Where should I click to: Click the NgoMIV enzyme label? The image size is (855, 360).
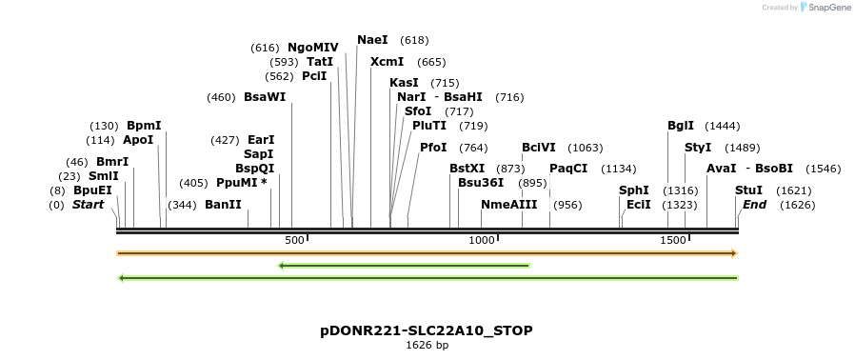pos(312,48)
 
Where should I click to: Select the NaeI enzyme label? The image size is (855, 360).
pos(372,40)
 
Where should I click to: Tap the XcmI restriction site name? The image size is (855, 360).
pos(387,62)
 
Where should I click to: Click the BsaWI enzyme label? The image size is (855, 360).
pos(265,97)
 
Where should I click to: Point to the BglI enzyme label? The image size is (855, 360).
pos(681,126)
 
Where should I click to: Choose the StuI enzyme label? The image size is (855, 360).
pos(748,190)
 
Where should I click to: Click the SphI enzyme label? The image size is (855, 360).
pos(633,190)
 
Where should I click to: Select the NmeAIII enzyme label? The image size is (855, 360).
pos(509,205)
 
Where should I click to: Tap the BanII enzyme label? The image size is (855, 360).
pos(223,205)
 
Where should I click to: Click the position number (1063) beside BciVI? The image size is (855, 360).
pos(585,148)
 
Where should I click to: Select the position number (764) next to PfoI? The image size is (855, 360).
pos(473,148)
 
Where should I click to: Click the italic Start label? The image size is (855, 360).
pos(88,205)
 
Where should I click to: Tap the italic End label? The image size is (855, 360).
pos(754,205)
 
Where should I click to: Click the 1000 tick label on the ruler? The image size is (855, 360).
pos(482,241)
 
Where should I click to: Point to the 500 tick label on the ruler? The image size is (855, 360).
pos(294,241)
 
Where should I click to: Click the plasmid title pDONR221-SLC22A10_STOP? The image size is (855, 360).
pos(427,330)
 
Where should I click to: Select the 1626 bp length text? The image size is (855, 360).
pos(427,346)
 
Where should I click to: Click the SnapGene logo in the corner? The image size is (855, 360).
pos(825,8)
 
